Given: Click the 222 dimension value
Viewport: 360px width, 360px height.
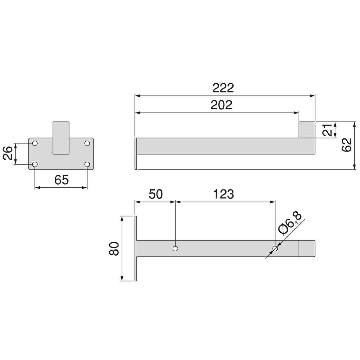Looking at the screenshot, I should click(x=223, y=88).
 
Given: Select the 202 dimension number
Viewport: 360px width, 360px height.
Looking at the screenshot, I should click(x=221, y=105).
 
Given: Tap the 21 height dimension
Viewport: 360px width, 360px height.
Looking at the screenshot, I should click(x=327, y=130).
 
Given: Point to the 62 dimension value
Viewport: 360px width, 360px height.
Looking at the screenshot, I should click(x=347, y=145).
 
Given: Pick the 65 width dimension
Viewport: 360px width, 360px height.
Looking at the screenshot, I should click(x=61, y=180).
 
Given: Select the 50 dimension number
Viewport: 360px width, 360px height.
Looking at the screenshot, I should click(x=155, y=194).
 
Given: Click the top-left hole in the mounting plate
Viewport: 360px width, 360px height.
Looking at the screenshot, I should click(x=35, y=143).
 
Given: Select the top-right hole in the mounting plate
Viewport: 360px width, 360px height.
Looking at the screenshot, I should click(x=87, y=143).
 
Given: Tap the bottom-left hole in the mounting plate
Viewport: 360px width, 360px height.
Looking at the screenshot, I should click(x=35, y=164).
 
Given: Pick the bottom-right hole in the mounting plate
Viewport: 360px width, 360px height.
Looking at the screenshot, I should click(x=87, y=164).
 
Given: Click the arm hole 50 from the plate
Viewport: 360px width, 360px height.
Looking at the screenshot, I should click(x=175, y=249).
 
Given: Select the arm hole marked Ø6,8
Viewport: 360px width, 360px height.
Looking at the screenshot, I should click(x=275, y=249).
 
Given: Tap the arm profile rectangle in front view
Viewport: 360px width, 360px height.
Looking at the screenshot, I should click(x=61, y=138).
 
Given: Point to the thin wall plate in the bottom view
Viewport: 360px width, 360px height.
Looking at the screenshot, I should click(x=136, y=248).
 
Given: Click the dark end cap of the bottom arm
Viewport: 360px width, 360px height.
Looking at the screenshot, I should click(x=307, y=249).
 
